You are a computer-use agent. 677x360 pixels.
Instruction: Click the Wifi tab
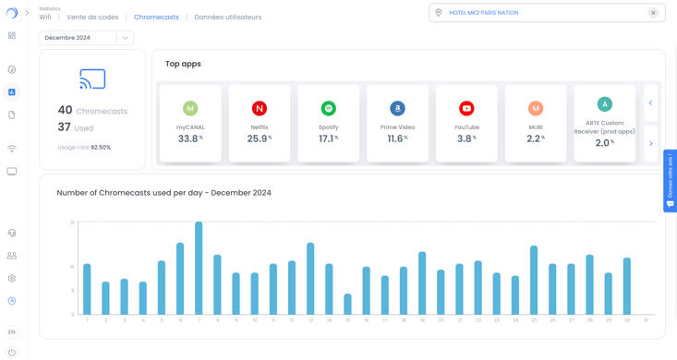(x=45, y=18)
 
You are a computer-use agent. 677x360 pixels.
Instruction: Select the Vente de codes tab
(x=92, y=18)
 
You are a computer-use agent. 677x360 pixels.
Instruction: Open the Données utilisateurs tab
(x=227, y=18)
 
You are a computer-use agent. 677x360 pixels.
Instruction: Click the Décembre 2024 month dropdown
(x=86, y=38)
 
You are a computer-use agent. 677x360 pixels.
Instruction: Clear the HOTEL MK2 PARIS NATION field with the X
(x=653, y=13)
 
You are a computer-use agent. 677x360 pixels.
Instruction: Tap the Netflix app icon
(x=260, y=108)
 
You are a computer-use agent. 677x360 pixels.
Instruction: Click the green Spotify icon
(x=328, y=108)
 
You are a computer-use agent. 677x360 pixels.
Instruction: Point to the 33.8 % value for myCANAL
(x=189, y=138)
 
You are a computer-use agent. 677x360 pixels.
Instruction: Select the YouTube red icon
(x=466, y=108)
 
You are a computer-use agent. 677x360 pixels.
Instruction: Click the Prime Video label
(x=397, y=127)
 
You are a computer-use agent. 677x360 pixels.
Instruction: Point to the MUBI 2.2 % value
(x=535, y=138)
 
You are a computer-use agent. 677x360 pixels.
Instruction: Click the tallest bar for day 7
(x=199, y=268)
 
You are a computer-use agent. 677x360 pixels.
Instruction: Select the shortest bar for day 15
(x=347, y=305)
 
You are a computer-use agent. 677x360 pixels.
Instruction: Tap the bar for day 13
(x=310, y=279)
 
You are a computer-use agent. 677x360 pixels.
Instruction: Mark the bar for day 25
(x=534, y=280)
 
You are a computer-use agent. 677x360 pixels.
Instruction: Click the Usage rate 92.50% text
(x=84, y=148)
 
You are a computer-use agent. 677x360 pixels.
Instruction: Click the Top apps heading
(x=183, y=64)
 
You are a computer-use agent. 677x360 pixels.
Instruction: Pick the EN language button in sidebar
(x=12, y=331)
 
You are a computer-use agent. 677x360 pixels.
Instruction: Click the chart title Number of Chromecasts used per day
(x=163, y=193)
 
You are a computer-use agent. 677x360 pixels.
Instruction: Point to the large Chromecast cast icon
(x=92, y=78)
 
